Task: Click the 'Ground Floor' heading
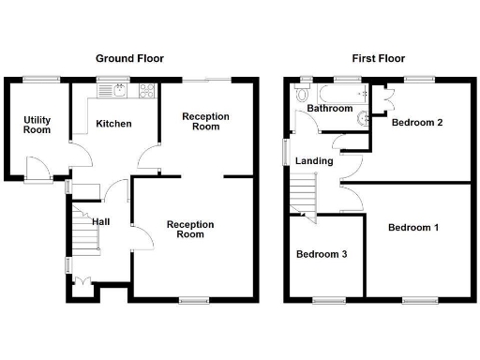(x=129, y=58)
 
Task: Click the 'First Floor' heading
(x=378, y=58)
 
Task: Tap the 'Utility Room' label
(x=37, y=125)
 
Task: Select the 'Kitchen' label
(x=112, y=124)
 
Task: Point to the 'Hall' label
(x=101, y=221)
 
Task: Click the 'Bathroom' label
(x=329, y=109)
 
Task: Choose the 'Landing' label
(x=314, y=161)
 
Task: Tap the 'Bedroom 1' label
(x=413, y=228)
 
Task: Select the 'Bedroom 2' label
(x=417, y=123)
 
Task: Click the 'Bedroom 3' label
(x=322, y=254)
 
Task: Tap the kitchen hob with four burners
(x=147, y=91)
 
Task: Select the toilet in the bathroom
(x=300, y=95)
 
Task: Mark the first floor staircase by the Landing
(x=302, y=194)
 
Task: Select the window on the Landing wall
(x=286, y=153)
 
